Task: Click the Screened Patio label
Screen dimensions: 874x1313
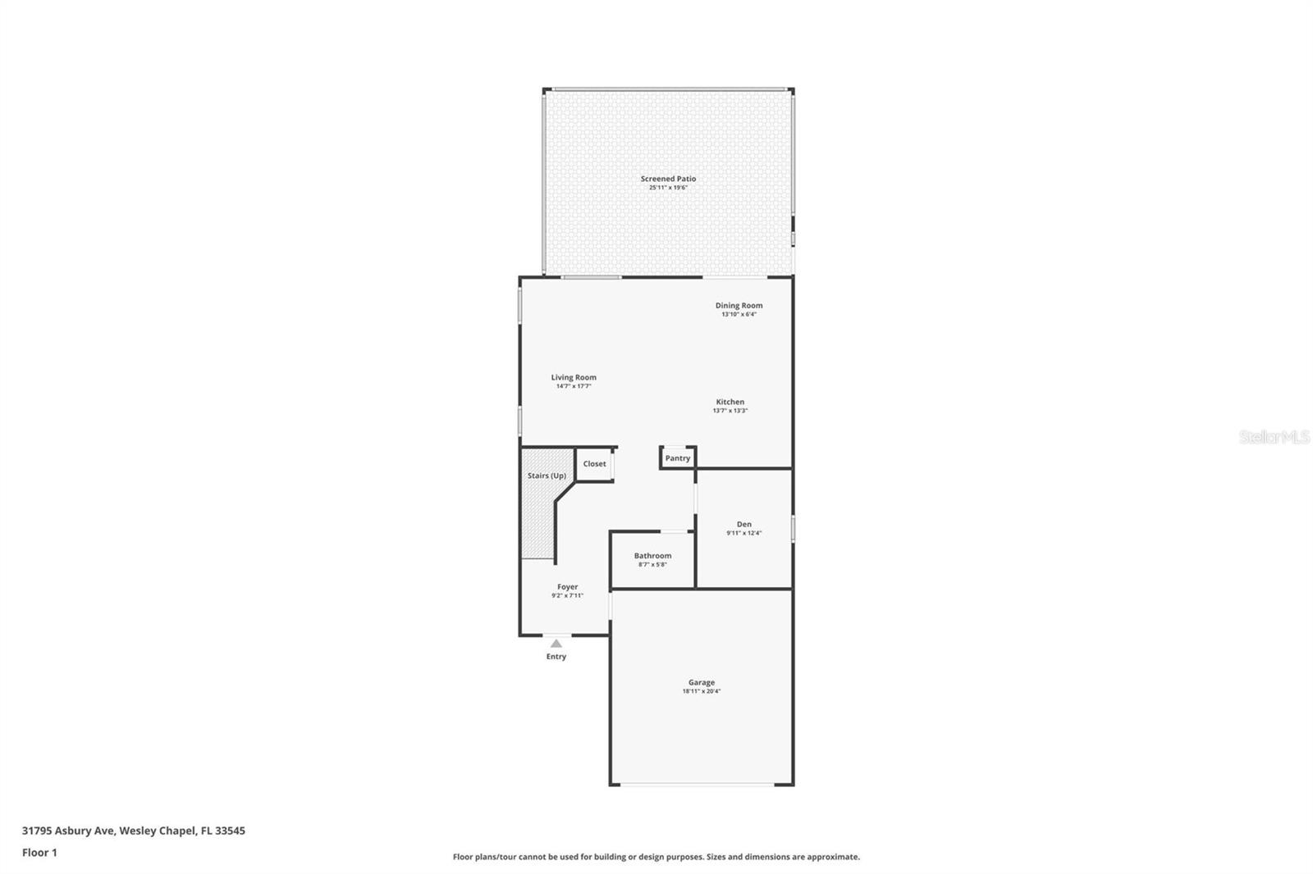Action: (668, 179)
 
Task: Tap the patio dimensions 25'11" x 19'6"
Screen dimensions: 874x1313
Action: (668, 188)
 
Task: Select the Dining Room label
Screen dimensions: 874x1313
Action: (739, 306)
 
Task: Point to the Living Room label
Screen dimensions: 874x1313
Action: (574, 378)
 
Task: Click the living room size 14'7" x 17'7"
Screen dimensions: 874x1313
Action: (574, 386)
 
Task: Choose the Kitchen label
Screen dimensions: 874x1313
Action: (730, 403)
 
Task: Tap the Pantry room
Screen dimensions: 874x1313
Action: (678, 458)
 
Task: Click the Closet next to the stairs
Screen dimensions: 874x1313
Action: (594, 464)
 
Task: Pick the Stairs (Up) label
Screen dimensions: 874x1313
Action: (547, 476)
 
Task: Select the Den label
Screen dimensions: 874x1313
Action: (743, 525)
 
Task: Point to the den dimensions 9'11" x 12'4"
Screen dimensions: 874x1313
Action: (743, 533)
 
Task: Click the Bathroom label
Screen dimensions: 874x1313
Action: (652, 556)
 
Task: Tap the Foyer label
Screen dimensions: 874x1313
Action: (567, 587)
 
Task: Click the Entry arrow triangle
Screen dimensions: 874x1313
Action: (556, 644)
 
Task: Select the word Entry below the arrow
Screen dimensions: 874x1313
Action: (556, 657)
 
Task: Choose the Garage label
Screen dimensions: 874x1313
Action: (701, 683)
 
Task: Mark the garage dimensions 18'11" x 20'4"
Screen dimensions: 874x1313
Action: (701, 691)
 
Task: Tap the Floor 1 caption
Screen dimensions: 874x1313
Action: (39, 853)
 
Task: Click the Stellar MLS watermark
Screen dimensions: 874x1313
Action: (1274, 437)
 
